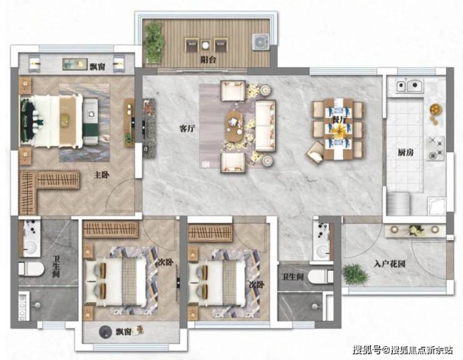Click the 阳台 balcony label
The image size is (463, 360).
(x=208, y=59)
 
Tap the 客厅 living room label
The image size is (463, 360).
(x=187, y=128)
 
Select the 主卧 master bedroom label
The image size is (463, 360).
(x=101, y=175)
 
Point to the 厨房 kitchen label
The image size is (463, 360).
(x=405, y=153)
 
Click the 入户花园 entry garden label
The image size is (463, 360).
(x=389, y=264)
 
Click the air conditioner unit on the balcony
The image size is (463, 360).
(x=260, y=42)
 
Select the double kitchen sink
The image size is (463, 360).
(x=409, y=86)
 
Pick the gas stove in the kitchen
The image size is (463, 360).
(x=435, y=148)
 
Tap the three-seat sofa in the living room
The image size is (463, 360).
(x=265, y=126)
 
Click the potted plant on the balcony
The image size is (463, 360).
(x=154, y=43)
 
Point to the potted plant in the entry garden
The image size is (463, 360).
(x=356, y=275)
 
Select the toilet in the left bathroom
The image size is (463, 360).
(x=31, y=269)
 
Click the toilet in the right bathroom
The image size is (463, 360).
(x=320, y=277)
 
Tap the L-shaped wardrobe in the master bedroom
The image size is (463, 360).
(x=41, y=185)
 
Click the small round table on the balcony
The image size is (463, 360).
(x=205, y=45)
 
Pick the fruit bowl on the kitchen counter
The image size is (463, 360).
(x=435, y=109)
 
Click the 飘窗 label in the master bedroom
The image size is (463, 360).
(x=98, y=66)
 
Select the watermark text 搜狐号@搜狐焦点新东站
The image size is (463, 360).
(x=403, y=350)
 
